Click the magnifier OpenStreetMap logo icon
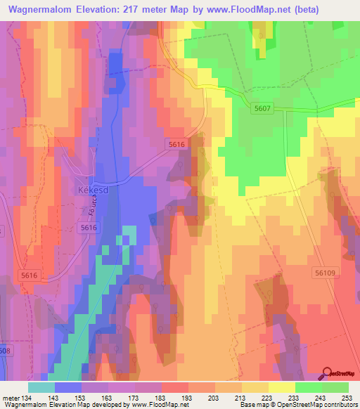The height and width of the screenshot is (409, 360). tap(328, 374)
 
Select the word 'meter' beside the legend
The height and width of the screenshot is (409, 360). tap(10, 398)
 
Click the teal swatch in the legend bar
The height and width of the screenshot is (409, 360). tap(41, 387)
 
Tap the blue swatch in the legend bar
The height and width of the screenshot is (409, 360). tap(68, 387)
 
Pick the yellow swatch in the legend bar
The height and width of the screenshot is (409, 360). tap(281, 387)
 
